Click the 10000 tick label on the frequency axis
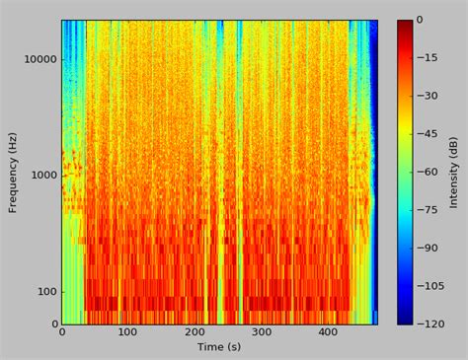(37, 59)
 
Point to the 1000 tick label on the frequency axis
(40, 176)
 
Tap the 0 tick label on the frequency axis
(51, 324)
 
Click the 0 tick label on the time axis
(61, 333)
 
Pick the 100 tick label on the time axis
(127, 333)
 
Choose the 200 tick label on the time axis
(195, 333)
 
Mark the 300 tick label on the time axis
(261, 333)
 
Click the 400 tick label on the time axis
(328, 333)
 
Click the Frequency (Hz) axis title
(14, 172)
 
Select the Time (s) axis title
(219, 347)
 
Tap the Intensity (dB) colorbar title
(453, 172)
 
